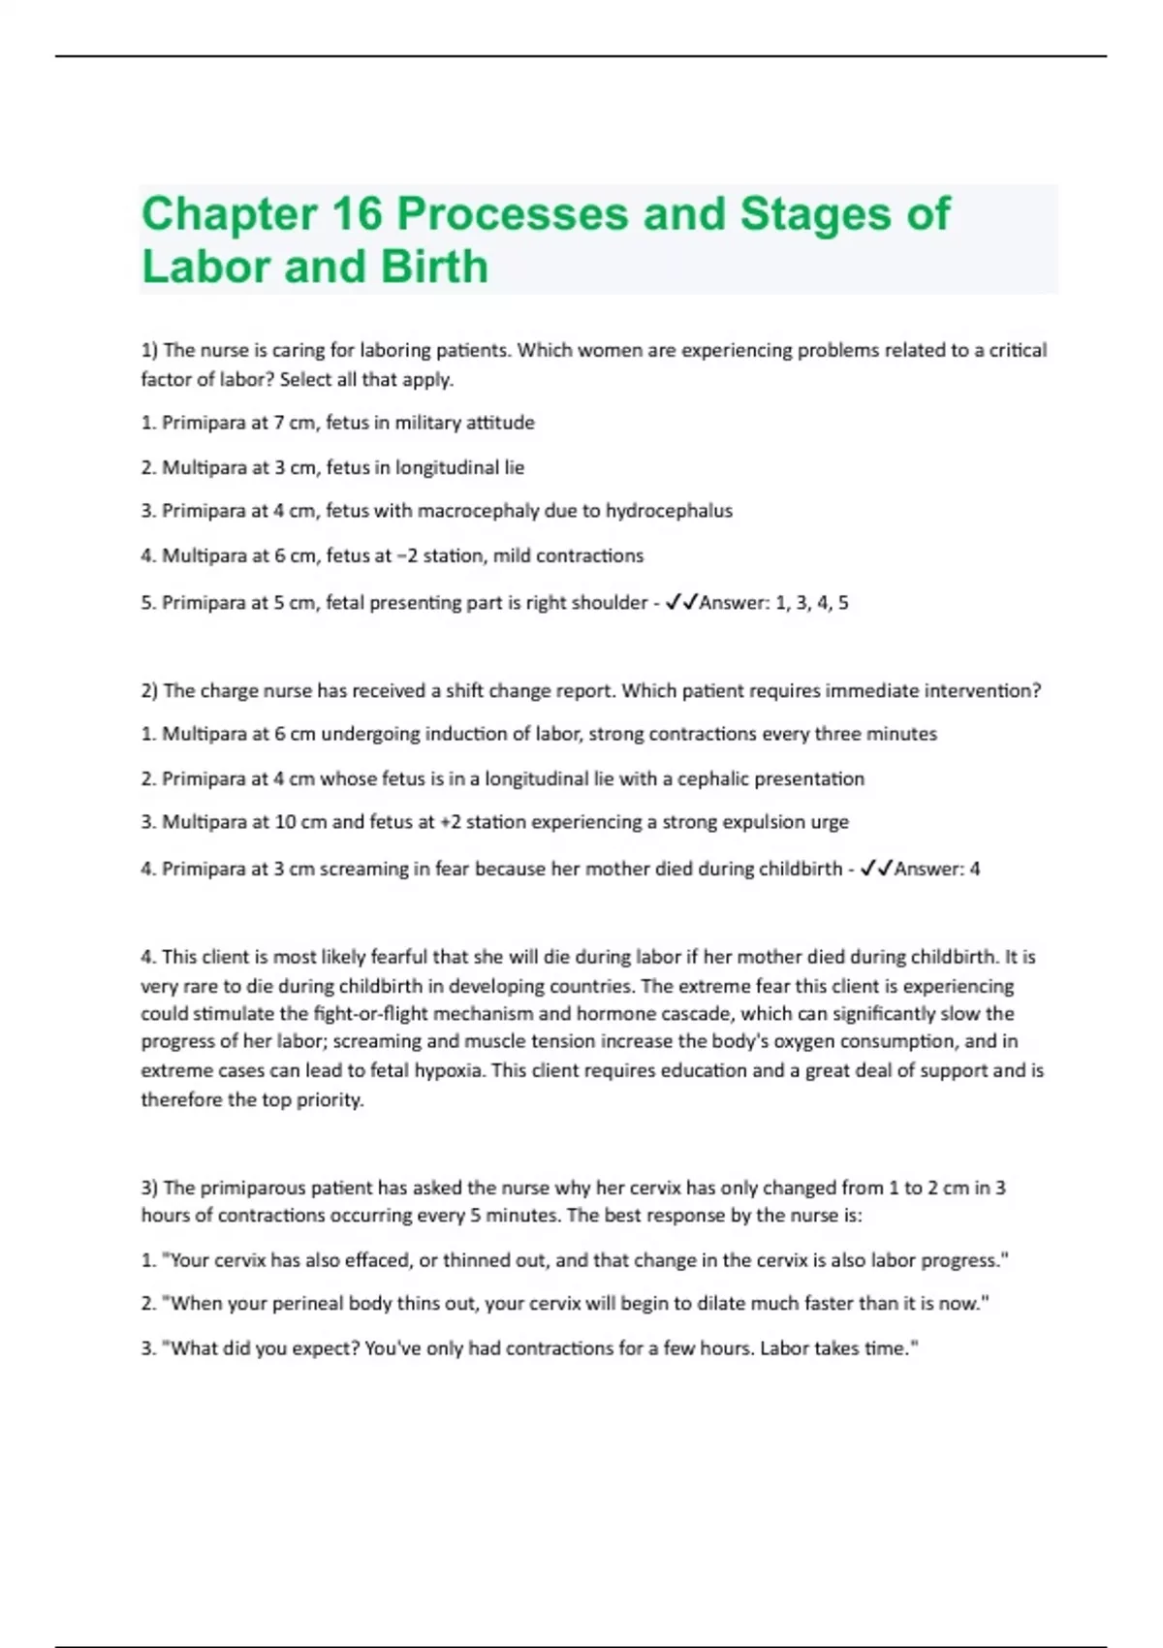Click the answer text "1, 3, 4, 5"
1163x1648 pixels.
tap(812, 603)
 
